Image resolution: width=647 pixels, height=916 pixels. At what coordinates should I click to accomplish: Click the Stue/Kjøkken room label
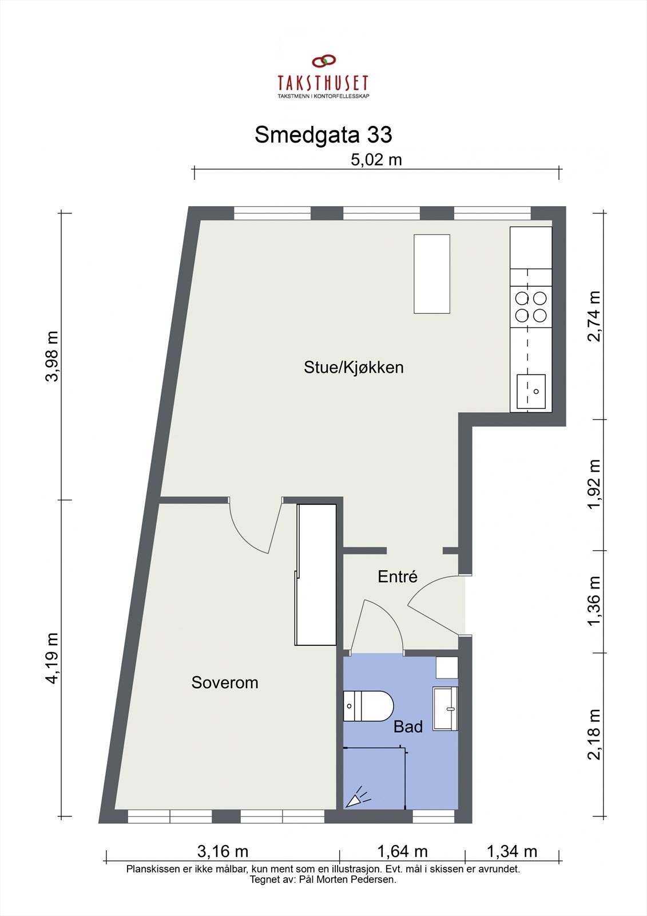(354, 368)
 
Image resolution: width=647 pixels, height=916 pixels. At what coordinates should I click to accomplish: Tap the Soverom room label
(225, 682)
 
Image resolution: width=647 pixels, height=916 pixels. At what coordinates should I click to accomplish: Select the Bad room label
(408, 727)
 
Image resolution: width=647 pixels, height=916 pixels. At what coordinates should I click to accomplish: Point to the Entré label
(398, 577)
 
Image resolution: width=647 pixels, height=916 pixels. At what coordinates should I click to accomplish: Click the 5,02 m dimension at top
(376, 160)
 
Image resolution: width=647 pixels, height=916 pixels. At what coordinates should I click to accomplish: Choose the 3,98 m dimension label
(53, 356)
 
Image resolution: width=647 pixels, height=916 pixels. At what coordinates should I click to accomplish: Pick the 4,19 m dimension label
(53, 658)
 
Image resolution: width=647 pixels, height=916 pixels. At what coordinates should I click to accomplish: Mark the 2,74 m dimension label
(594, 316)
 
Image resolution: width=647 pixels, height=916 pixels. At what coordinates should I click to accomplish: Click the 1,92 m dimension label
(594, 484)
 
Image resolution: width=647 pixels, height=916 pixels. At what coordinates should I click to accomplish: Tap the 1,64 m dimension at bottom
(402, 852)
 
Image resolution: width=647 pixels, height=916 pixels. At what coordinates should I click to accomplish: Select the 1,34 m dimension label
(512, 852)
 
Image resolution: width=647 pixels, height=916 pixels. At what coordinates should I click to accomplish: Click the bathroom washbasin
(446, 708)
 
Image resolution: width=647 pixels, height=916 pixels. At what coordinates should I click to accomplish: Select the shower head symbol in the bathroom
(358, 797)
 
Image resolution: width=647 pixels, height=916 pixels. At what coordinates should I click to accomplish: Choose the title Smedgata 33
(323, 135)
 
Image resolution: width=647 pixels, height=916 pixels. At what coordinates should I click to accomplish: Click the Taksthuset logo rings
(323, 61)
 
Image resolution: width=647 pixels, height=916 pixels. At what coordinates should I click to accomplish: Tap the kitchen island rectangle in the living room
(432, 274)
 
